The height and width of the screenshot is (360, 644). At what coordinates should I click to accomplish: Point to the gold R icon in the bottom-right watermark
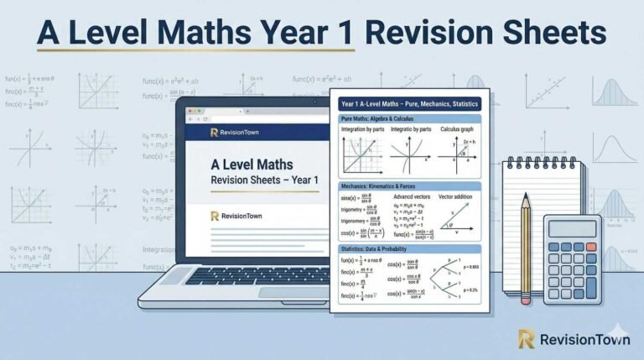527,338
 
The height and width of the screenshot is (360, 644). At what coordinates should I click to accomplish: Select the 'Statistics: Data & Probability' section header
382,248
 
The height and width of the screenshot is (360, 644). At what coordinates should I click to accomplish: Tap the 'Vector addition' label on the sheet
457,196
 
